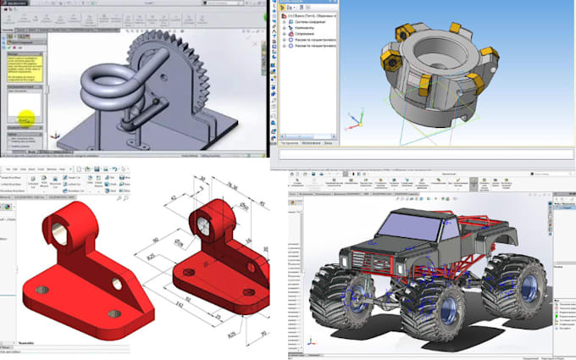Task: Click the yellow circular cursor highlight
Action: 27,121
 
